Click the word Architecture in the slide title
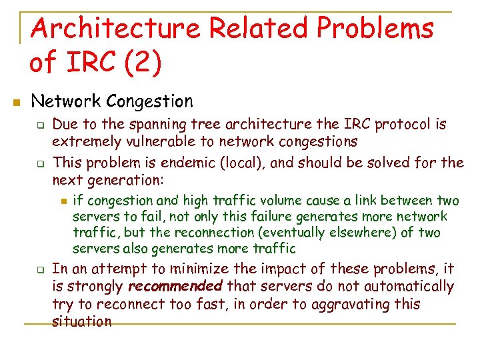(x=115, y=29)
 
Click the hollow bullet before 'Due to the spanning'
(x=39, y=125)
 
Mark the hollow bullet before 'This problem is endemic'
(x=39, y=162)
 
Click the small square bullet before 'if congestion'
(x=63, y=201)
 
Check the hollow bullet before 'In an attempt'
(x=39, y=270)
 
